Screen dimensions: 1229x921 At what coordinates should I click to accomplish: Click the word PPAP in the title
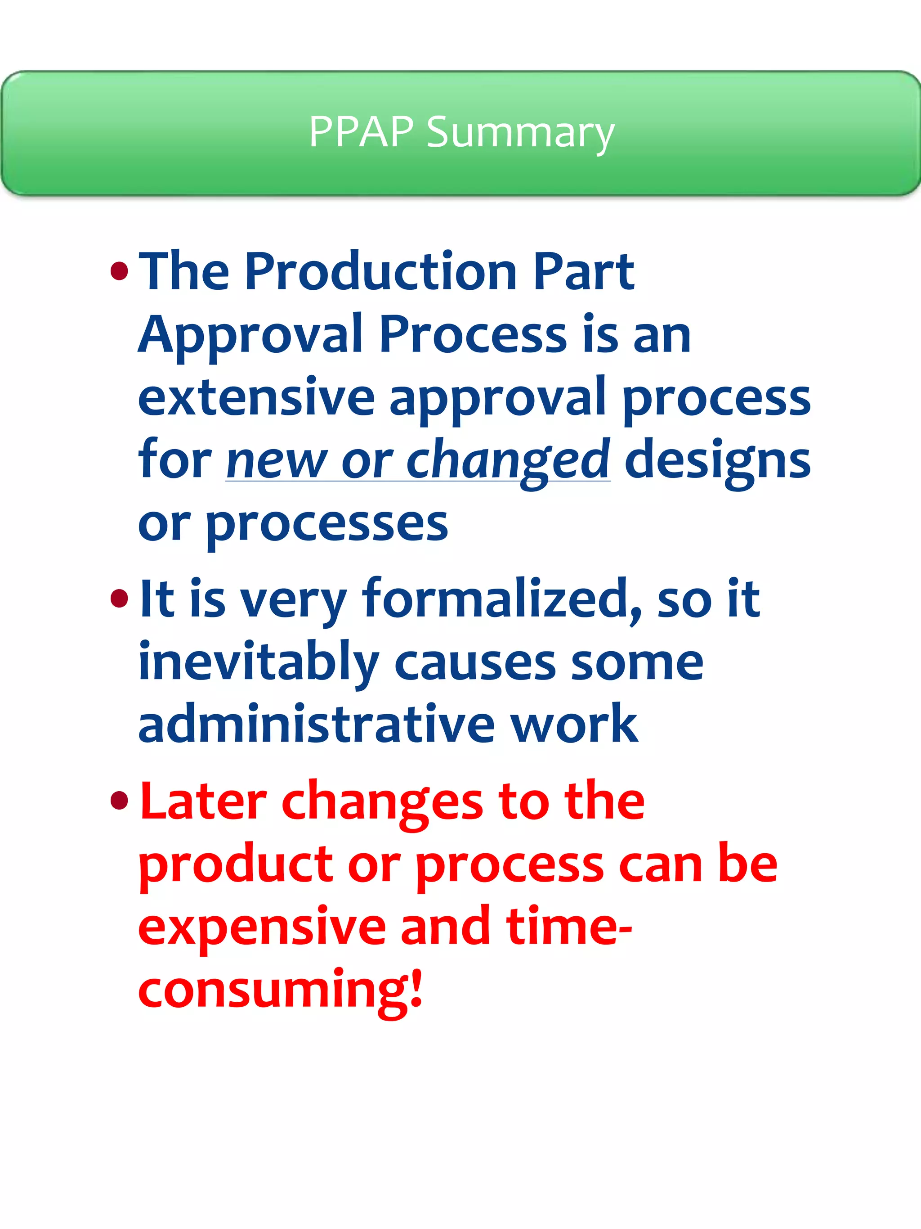[361, 132]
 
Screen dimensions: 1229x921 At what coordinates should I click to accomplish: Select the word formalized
[501, 599]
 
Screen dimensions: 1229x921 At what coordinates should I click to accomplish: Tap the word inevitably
[258, 662]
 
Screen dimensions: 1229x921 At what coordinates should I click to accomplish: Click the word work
[574, 725]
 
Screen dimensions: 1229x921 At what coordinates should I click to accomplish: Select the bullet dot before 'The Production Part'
[119, 272]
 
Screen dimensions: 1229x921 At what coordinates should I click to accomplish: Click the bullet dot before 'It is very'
[119, 599]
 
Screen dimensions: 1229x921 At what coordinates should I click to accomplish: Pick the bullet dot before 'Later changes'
[119, 801]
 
